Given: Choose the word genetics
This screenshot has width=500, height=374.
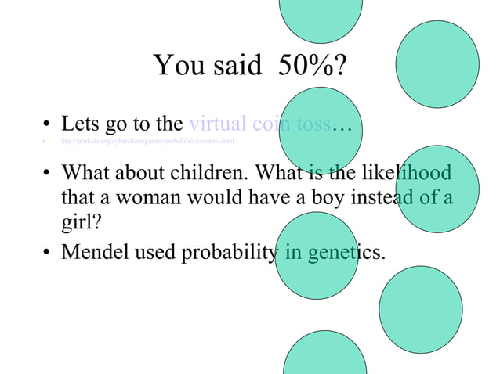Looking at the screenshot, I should (346, 254).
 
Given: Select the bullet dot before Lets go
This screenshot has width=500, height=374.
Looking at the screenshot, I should (47, 125).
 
